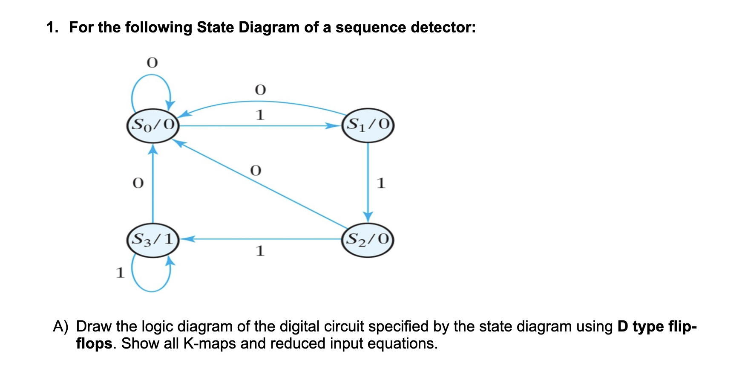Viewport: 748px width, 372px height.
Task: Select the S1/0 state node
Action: click(368, 125)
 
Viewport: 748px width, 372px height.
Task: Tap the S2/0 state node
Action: click(368, 239)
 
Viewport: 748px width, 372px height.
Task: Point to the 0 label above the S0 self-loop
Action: click(152, 63)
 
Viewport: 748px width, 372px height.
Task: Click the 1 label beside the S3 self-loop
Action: click(120, 272)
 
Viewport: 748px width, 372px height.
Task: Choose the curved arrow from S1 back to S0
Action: click(260, 102)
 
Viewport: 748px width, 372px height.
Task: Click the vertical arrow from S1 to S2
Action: click(368, 179)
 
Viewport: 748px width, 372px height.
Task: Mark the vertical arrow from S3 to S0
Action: click(153, 183)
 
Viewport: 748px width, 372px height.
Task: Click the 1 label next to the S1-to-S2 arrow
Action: click(381, 183)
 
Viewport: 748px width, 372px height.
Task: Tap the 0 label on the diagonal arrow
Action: click(255, 171)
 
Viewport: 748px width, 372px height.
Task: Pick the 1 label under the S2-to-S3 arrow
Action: click(260, 251)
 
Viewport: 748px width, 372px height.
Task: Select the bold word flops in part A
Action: click(94, 343)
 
